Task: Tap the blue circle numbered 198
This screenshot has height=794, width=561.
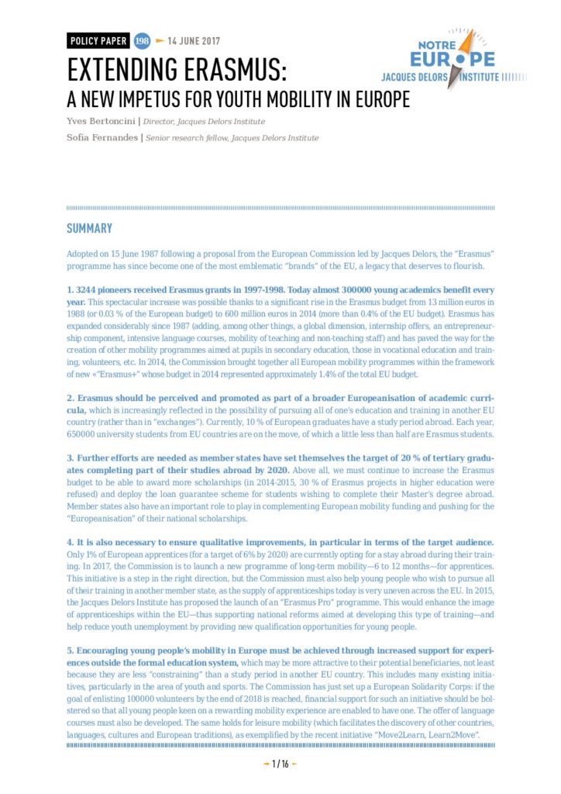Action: (142, 42)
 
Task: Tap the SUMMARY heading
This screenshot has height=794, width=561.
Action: (89, 229)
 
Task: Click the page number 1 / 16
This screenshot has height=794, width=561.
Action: (280, 765)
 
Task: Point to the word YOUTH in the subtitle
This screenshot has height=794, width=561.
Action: (257, 101)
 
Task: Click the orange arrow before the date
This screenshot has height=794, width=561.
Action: (160, 42)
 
